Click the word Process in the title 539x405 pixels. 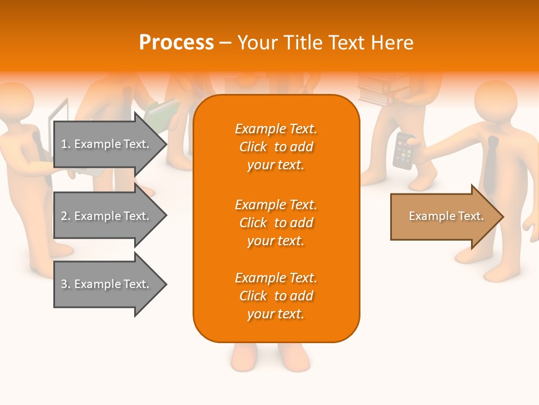(x=176, y=43)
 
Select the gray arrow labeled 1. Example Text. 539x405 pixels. (x=107, y=144)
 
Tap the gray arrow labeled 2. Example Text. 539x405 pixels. (x=107, y=216)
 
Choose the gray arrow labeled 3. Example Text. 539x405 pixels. (x=107, y=284)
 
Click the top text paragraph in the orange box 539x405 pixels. (x=276, y=147)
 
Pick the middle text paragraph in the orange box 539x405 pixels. (x=276, y=223)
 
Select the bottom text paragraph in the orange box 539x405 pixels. (x=276, y=296)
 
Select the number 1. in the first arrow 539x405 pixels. (x=66, y=144)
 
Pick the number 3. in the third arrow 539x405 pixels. (x=66, y=284)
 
